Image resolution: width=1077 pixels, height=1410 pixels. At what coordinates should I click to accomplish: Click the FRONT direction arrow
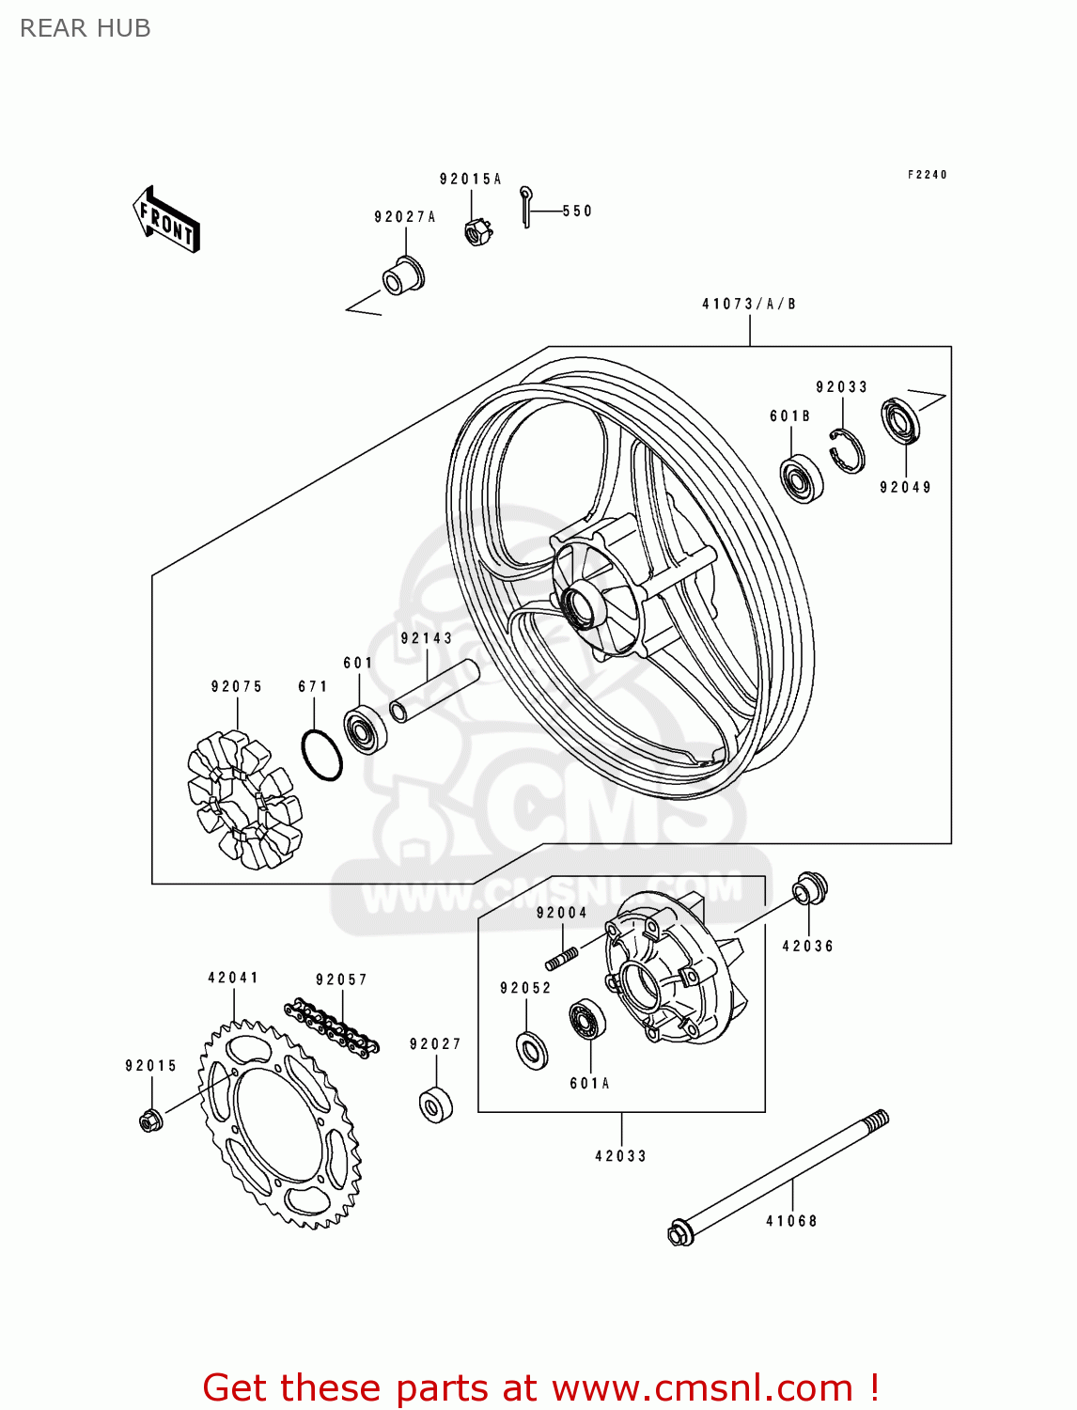166,220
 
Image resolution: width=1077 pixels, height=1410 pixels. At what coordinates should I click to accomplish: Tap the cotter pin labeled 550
527,207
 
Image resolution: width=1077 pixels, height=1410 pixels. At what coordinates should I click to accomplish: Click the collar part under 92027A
403,275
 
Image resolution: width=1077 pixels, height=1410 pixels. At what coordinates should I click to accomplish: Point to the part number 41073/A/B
749,304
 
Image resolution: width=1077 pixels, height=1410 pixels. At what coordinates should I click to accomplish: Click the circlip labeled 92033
848,450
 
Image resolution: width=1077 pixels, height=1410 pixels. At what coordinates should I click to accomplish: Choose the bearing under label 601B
801,478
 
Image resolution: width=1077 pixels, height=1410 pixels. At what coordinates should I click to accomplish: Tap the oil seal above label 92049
899,421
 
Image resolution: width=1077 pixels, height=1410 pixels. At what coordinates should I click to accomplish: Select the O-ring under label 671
321,755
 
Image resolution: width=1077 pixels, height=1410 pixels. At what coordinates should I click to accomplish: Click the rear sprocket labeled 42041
280,1124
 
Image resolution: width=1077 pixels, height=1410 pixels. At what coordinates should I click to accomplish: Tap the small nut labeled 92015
149,1120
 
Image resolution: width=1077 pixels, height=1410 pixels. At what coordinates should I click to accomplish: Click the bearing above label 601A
586,1021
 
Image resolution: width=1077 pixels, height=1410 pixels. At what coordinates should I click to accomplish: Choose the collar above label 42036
810,889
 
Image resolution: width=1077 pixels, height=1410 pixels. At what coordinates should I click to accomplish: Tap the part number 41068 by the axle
791,1221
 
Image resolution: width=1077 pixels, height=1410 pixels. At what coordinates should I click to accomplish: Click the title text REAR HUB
86,28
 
